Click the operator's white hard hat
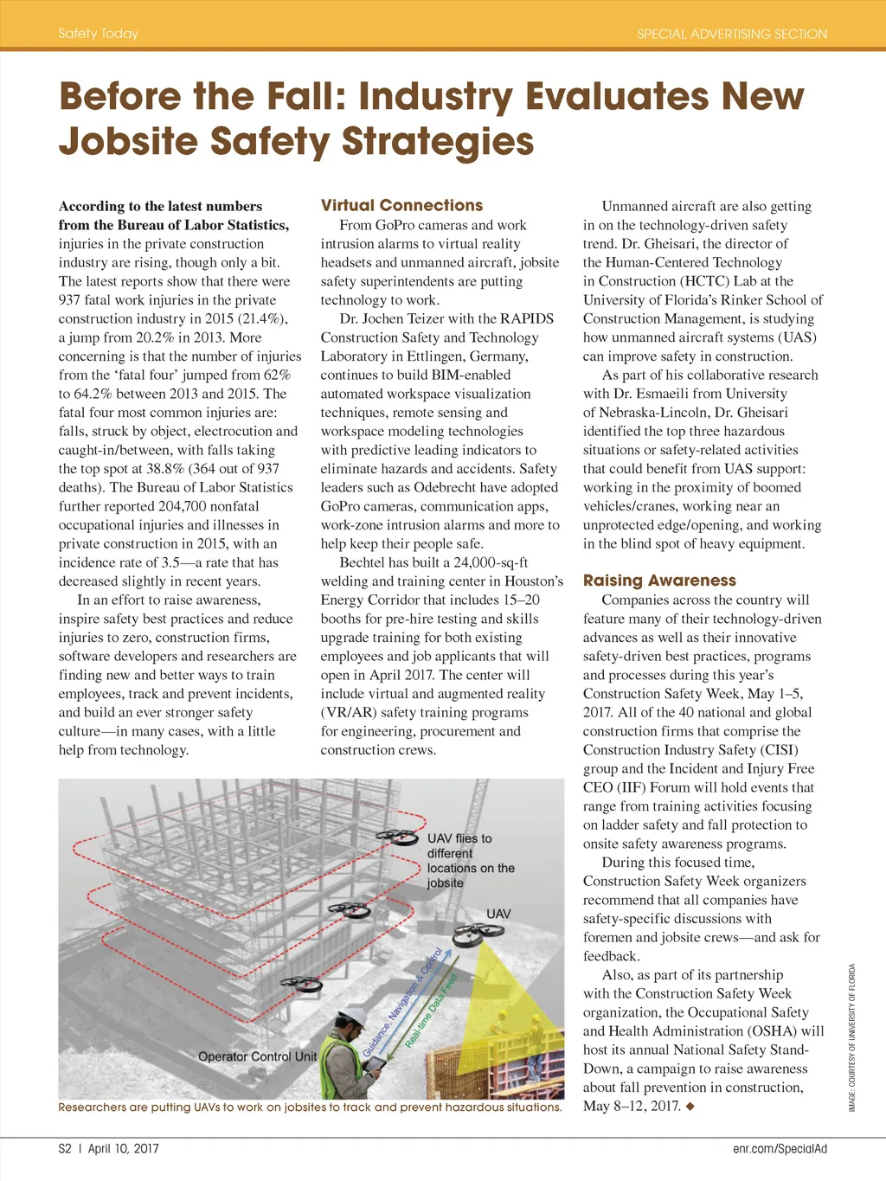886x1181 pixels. pyautogui.click(x=352, y=1018)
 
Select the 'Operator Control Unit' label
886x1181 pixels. pyautogui.click(x=257, y=1056)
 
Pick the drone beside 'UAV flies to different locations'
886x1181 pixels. pyautogui.click(x=398, y=838)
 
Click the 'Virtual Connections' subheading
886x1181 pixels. pyautogui.click(x=401, y=205)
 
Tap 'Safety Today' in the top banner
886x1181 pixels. pyautogui.click(x=98, y=34)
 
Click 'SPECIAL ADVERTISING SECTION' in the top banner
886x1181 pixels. pyautogui.click(x=732, y=34)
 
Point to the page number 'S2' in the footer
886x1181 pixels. pyautogui.click(x=65, y=1148)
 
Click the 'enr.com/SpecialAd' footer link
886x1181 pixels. pyautogui.click(x=780, y=1148)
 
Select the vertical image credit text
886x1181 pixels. pyautogui.click(x=852, y=1037)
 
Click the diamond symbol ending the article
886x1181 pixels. pyautogui.click(x=690, y=1107)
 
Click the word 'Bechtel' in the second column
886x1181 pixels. pyautogui.click(x=362, y=562)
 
